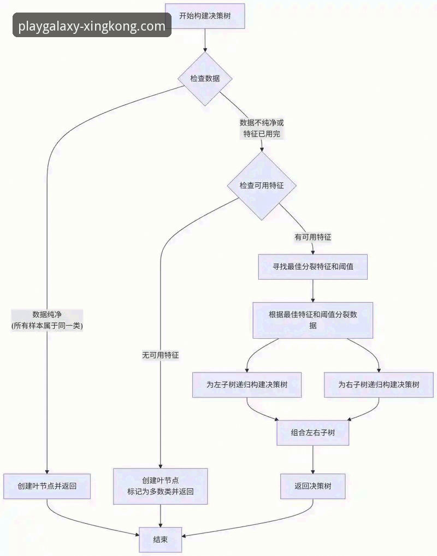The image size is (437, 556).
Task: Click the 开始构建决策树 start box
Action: pyautogui.click(x=204, y=16)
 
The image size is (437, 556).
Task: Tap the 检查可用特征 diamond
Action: pyautogui.click(x=262, y=186)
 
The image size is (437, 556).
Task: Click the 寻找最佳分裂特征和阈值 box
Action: pyautogui.click(x=312, y=267)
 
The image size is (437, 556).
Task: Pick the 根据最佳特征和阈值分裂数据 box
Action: pyautogui.click(x=312, y=320)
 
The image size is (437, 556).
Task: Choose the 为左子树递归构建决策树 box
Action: pyautogui.click(x=247, y=385)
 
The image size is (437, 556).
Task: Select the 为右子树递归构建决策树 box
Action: pyautogui.click(x=379, y=385)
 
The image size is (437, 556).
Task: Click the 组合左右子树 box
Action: pyautogui.click(x=312, y=433)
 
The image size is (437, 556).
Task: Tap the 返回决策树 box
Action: pyautogui.click(x=312, y=486)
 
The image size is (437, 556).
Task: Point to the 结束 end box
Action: pyautogui.click(x=160, y=540)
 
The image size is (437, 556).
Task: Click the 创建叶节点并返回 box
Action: pyautogui.click(x=47, y=486)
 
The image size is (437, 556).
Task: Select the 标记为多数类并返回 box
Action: pyautogui.click(x=160, y=486)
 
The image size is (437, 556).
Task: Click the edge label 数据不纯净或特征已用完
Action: pyautogui.click(x=262, y=128)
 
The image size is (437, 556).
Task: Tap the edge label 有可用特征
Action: pyautogui.click(x=313, y=237)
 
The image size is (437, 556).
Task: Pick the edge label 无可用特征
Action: pyautogui.click(x=160, y=355)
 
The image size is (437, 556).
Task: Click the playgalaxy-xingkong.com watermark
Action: pyautogui.click(x=92, y=26)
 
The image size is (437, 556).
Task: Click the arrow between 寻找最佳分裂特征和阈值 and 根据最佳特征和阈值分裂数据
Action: pyautogui.click(x=312, y=291)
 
